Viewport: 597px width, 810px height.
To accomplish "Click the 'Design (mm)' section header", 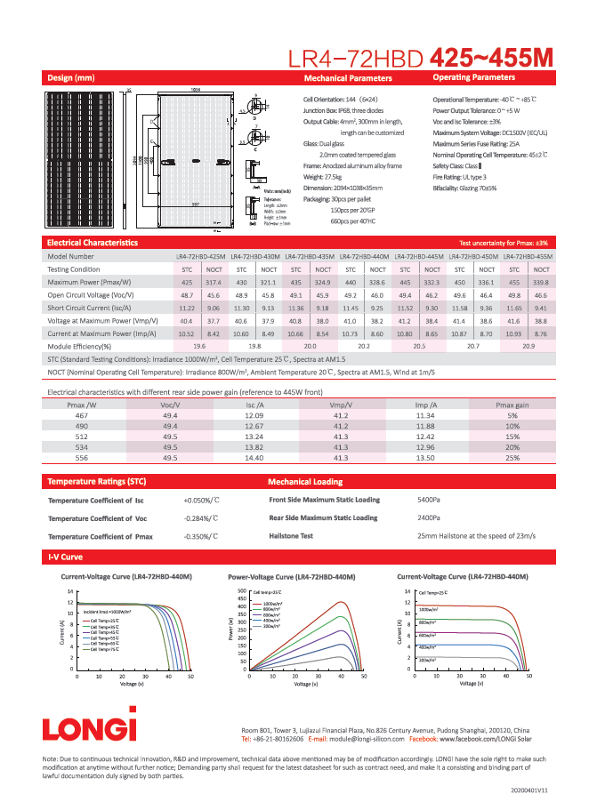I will pos(70,78).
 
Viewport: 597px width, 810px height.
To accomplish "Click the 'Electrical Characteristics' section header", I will pos(93,242).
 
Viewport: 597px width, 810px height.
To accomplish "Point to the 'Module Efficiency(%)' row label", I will pos(79,345).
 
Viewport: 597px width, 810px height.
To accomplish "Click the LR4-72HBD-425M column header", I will pos(200,255).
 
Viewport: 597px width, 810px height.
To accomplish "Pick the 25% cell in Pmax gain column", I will pos(512,457).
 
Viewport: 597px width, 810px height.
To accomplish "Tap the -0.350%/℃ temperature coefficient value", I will pos(201,537).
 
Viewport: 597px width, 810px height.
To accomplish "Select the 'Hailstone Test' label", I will pos(291,536).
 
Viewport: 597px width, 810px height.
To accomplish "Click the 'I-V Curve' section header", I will pos(65,557).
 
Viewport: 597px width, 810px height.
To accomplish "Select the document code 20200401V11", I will pos(529,790).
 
